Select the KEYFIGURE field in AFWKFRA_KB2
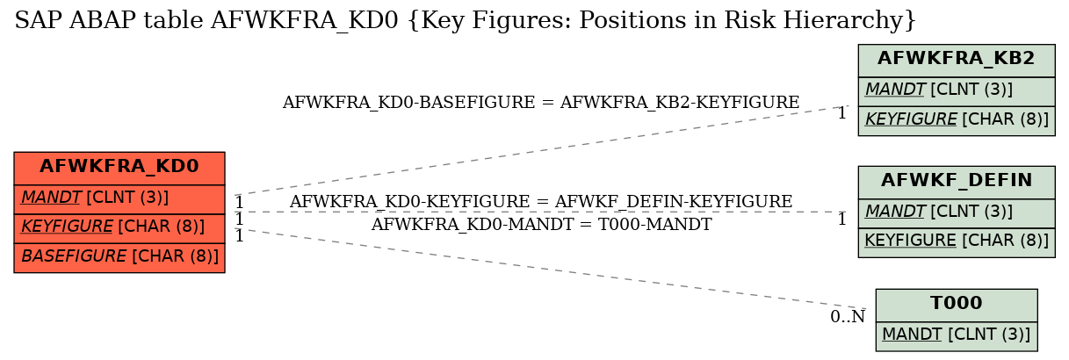coord(957,120)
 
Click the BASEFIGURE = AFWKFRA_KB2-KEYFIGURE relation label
coord(541,103)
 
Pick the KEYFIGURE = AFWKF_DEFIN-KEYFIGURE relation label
coord(541,202)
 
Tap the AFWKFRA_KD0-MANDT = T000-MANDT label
coord(541,224)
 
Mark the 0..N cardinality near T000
coord(848,317)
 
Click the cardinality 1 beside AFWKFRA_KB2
coord(841,113)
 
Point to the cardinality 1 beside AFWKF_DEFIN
coord(841,220)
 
